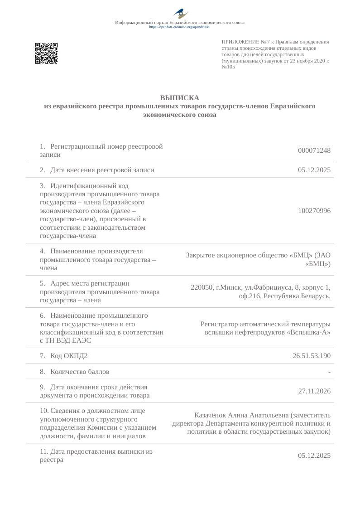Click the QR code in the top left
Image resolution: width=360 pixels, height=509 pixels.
click(46, 53)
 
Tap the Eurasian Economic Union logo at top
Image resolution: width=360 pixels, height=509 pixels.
click(180, 13)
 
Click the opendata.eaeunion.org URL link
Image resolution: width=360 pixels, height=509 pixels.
click(180, 27)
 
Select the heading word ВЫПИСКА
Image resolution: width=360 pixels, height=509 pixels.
click(180, 98)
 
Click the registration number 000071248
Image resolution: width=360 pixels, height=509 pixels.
click(314, 150)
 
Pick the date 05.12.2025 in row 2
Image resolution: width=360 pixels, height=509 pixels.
click(314, 170)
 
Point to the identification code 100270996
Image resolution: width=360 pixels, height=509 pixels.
click(314, 211)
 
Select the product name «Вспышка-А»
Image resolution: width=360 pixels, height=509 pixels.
click(308, 332)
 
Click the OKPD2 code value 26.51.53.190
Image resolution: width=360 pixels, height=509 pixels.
click(312, 356)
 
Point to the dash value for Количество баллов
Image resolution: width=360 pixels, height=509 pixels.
click(329, 372)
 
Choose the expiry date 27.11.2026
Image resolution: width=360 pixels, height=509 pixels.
click(314, 391)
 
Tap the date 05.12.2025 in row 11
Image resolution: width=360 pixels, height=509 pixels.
click(314, 456)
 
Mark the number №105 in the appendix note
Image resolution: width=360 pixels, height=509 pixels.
click(228, 67)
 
